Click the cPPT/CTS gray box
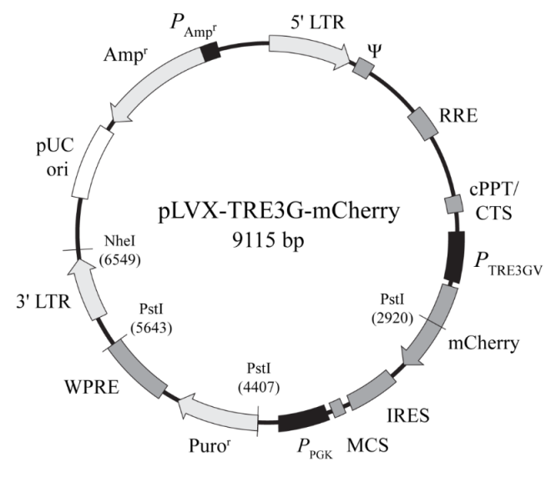pos(452,203)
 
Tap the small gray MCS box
pos(336,408)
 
